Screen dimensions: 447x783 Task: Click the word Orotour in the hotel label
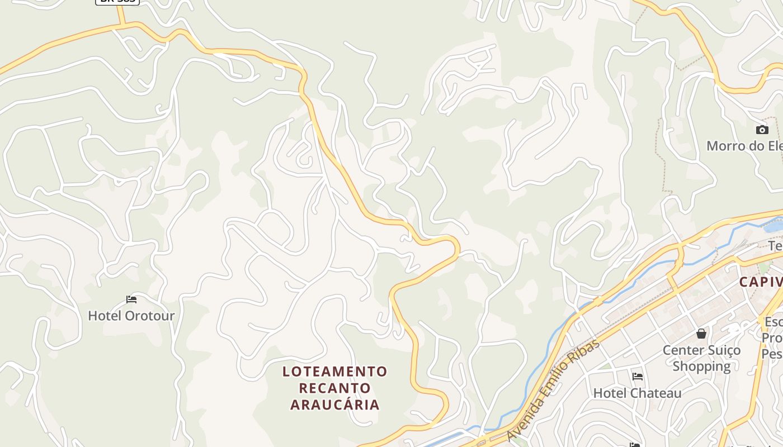149,316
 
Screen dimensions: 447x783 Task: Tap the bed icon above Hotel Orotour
131,299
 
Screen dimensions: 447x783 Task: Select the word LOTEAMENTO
334,372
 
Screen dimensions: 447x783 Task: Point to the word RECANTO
334,388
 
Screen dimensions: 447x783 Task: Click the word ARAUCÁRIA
334,405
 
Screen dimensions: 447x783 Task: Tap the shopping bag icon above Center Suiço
701,334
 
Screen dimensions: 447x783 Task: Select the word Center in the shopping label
682,350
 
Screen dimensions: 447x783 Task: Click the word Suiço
723,350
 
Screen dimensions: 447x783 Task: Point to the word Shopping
701,367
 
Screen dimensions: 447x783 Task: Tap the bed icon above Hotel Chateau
637,377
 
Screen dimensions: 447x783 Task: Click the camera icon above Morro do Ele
762,130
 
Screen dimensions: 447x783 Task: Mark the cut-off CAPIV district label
761,282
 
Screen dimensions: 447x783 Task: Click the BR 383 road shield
117,2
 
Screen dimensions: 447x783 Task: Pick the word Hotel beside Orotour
105,316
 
